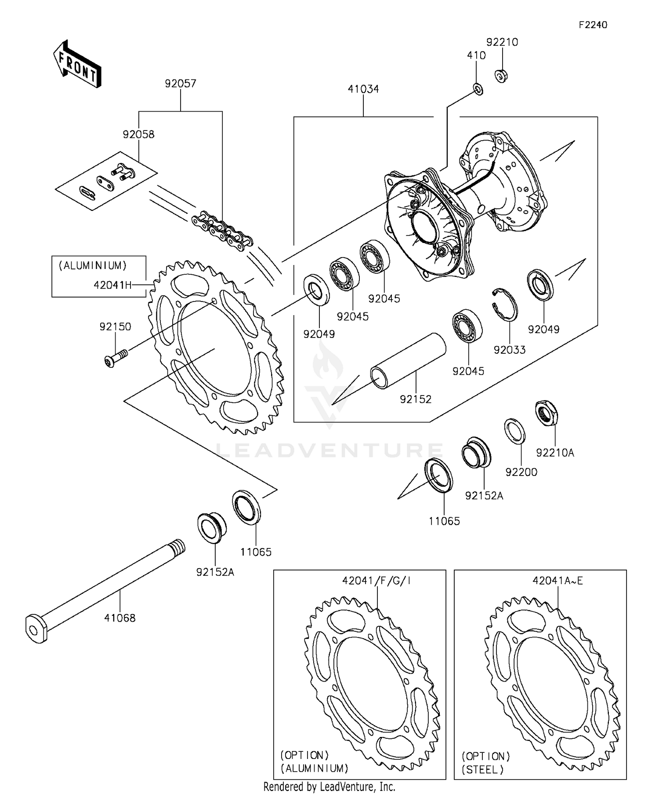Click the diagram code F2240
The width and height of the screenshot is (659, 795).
593,25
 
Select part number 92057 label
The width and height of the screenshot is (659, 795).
181,83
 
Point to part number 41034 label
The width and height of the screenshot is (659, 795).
363,89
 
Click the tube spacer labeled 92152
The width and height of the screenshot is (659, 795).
407,360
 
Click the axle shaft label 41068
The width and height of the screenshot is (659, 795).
119,618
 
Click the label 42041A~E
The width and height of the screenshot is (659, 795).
558,581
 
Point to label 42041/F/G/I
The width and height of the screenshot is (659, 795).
377,581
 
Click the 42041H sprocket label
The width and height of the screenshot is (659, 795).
112,285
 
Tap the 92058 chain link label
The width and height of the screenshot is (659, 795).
138,134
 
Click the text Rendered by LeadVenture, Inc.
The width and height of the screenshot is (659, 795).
329,787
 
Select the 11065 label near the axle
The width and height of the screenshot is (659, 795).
256,552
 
